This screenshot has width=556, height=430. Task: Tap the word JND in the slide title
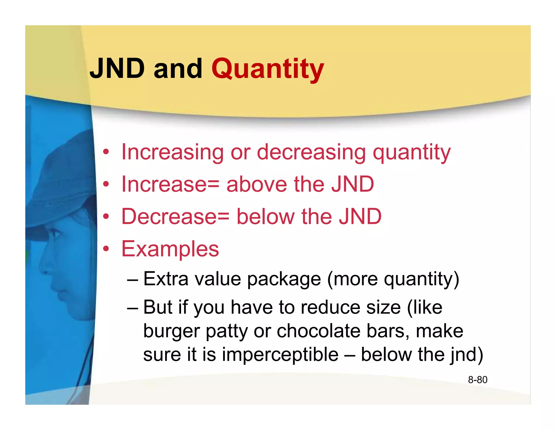click(x=117, y=68)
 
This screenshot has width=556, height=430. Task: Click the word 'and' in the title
click(x=178, y=68)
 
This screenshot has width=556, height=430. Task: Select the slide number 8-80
click(x=478, y=380)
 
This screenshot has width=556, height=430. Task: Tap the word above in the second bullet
click(x=257, y=184)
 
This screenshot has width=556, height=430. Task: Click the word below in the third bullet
click(x=265, y=217)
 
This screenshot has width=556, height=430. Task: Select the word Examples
click(x=170, y=249)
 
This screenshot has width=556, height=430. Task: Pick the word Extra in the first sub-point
click(x=166, y=279)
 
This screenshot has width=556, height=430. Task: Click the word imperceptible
click(x=280, y=355)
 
